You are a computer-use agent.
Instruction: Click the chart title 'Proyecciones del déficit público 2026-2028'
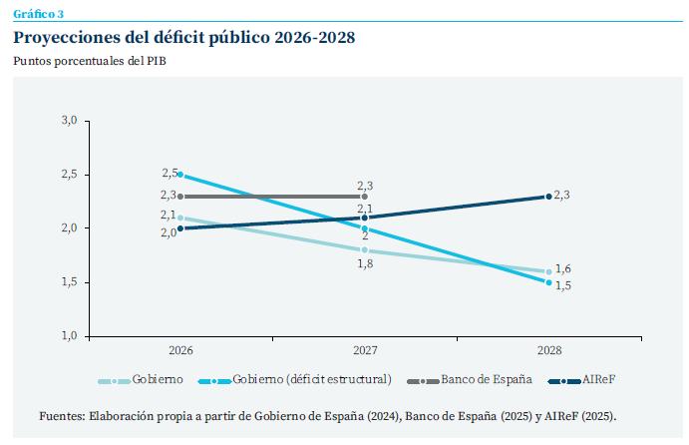click(183, 38)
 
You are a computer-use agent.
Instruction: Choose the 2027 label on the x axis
click(365, 351)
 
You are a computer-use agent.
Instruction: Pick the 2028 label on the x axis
click(548, 351)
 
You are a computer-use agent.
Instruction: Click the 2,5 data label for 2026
click(169, 174)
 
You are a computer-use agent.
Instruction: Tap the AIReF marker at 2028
click(548, 197)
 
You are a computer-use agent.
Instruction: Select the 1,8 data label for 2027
click(366, 263)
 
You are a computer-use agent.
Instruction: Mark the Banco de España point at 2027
click(365, 197)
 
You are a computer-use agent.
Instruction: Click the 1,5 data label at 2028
click(563, 286)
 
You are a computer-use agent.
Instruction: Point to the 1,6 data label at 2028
click(563, 268)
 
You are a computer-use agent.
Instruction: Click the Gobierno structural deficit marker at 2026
click(180, 175)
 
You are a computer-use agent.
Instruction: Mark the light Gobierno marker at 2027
click(365, 249)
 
